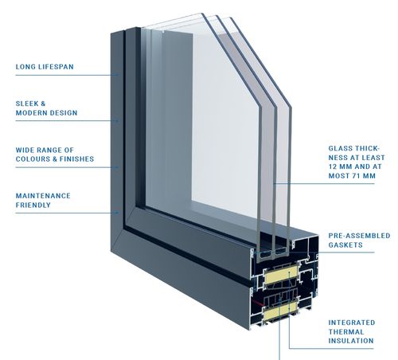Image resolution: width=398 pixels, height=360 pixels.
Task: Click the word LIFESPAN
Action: pos(56,67)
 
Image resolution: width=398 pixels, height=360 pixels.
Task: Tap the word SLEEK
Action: pos(27,104)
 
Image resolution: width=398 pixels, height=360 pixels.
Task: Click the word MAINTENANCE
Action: pos(43,196)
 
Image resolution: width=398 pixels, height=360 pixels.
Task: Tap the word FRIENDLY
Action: pos(33,205)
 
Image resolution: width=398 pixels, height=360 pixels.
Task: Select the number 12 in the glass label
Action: pos(334,166)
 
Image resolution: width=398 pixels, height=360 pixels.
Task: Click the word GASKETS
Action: pos(345,245)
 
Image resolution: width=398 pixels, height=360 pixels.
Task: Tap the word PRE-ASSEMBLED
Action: pos(359,236)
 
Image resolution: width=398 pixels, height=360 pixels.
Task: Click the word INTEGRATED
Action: pos(352,323)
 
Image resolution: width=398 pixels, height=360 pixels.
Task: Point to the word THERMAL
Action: pos(346,332)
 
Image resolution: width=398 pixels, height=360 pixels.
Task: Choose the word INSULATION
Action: pos(351,341)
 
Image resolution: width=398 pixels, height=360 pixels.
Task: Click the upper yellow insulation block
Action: pos(280,274)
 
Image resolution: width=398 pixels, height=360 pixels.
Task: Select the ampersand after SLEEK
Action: pos(43,104)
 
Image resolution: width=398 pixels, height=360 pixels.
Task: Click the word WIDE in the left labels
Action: pos(25,150)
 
